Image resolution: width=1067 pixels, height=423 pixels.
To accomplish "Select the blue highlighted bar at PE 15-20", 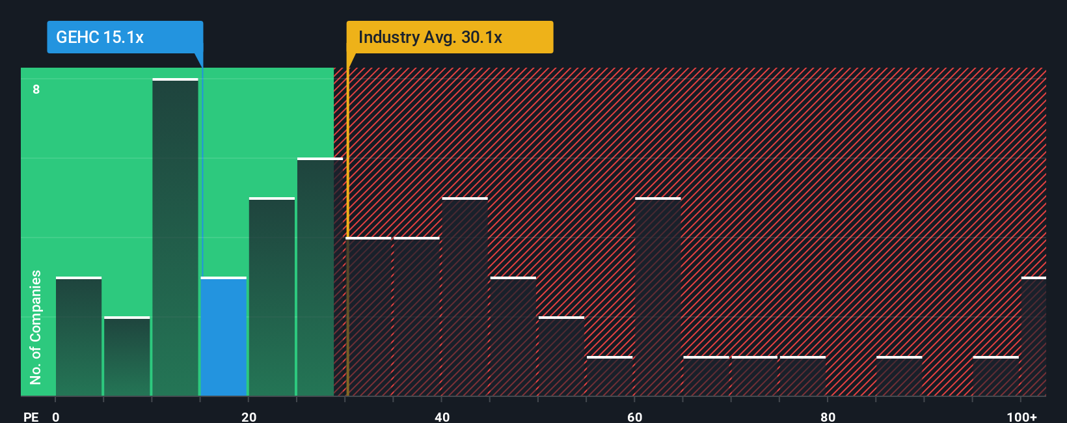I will click(224, 337).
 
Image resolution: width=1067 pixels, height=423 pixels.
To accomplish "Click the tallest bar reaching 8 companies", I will click(175, 238).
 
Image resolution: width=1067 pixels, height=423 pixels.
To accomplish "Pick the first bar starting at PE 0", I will click(79, 337).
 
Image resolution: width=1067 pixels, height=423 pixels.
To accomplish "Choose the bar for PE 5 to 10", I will click(127, 357).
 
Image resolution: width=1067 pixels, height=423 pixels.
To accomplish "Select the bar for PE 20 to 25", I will click(272, 297).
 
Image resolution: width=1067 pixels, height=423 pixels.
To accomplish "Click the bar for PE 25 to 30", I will click(320, 277).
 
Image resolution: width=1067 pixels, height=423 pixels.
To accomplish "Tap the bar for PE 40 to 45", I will click(465, 297).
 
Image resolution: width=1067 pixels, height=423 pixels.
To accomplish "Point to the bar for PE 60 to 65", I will click(658, 297).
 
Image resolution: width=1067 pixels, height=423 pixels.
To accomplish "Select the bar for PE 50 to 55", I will click(561, 357).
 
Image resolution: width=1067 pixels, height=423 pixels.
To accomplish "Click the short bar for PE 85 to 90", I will click(899, 377).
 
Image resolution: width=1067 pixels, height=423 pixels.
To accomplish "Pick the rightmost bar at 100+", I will click(1034, 337).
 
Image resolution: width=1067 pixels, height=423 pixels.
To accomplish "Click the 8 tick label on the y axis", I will click(36, 89).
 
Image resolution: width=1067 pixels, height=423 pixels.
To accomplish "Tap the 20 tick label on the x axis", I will click(249, 416).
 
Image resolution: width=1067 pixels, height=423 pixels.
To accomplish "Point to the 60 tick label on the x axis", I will click(634, 416).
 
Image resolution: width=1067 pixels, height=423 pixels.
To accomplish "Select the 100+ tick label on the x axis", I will click(1022, 416).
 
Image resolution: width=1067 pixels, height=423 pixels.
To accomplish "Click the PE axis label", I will click(31, 416).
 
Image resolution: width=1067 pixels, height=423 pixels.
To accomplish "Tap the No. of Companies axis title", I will click(36, 327).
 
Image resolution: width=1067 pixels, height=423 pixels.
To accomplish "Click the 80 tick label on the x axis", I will click(828, 416).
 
